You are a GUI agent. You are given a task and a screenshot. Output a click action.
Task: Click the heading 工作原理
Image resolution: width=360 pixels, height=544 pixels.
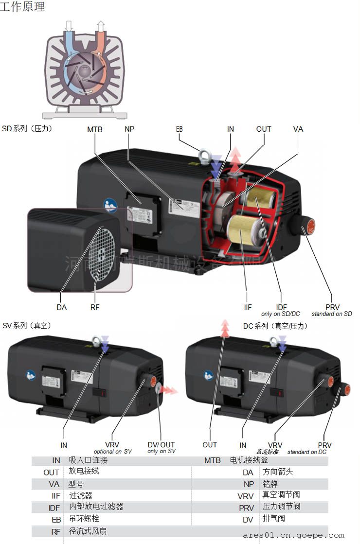coord(22,7)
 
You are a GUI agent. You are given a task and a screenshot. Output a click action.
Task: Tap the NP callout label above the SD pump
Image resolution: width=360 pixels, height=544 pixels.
coord(129,129)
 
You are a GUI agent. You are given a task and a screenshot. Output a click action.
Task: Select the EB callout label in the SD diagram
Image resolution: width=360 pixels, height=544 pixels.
coord(179,129)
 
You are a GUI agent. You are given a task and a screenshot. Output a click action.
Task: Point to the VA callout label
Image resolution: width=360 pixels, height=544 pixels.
coord(298,129)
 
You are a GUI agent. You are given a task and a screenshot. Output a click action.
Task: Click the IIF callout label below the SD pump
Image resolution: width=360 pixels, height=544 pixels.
coord(248,307)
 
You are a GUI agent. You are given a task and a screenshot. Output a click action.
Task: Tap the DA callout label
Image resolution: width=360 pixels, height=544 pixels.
coord(61,307)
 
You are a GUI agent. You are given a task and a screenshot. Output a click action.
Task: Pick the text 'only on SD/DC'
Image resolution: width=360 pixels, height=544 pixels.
coord(281,314)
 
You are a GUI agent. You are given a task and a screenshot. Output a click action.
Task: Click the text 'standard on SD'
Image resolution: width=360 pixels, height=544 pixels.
coord(331,314)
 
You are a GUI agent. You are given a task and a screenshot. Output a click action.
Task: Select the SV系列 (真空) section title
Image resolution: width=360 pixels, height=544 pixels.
coord(27,326)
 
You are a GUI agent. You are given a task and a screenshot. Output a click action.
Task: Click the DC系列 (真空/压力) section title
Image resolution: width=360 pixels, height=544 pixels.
coord(275,326)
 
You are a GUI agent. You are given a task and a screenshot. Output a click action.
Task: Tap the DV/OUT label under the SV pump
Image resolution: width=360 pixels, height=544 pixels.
coord(161,445)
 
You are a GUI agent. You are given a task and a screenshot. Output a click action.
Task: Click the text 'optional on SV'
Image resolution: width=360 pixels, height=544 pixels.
coord(113,452)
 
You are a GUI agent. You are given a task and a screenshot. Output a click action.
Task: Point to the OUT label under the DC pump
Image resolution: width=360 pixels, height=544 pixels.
coord(210,445)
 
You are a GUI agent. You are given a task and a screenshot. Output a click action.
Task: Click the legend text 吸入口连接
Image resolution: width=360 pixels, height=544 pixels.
coord(88,460)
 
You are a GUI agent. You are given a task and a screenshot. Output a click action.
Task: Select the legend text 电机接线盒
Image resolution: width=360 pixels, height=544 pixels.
coord(249,460)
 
